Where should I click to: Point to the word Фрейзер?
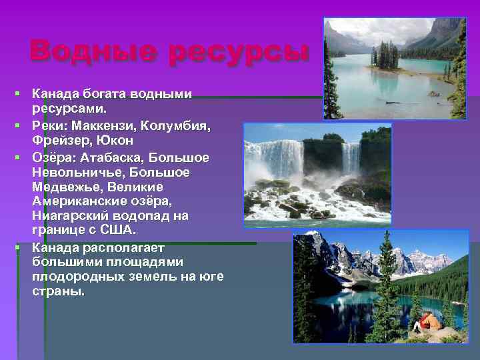61,141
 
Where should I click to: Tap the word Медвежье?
65,187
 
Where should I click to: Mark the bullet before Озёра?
22,159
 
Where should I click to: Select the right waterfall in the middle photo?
351,159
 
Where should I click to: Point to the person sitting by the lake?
426,323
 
